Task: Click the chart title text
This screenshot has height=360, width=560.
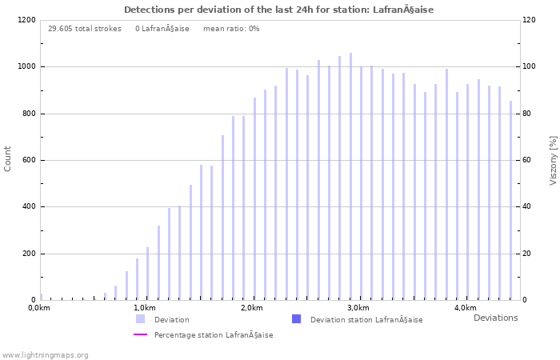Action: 279,10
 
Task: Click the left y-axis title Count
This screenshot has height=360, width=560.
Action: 8,158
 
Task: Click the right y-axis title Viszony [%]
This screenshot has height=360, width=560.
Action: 552,160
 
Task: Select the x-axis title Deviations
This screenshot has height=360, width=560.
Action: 495,318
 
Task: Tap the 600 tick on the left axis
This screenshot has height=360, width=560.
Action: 27,160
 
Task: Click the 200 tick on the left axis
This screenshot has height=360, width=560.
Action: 27,254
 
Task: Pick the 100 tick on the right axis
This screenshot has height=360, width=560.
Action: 530,66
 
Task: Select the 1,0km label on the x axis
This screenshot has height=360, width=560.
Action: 144,308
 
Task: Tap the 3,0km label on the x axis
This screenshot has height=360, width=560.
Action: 358,308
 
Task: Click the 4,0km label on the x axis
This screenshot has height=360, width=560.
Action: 465,308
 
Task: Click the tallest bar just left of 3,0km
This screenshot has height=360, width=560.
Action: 350,176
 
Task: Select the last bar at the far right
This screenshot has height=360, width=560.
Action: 510,200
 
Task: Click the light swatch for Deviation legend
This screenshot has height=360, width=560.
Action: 140,319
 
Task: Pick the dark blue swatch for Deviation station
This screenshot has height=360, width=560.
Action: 296,319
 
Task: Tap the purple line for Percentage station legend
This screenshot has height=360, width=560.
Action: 140,334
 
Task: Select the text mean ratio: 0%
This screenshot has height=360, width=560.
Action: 231,29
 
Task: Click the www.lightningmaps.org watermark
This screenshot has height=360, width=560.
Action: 46,355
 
